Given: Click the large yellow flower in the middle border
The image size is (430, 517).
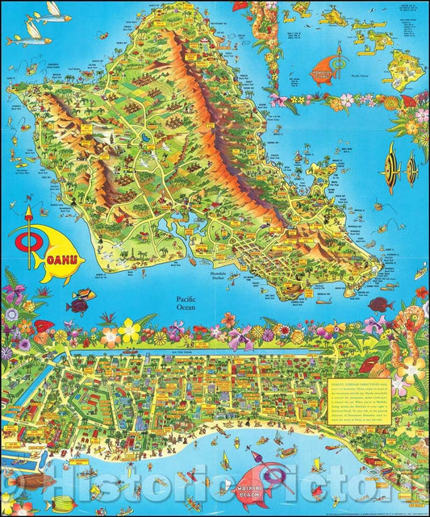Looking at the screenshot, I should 129,330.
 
